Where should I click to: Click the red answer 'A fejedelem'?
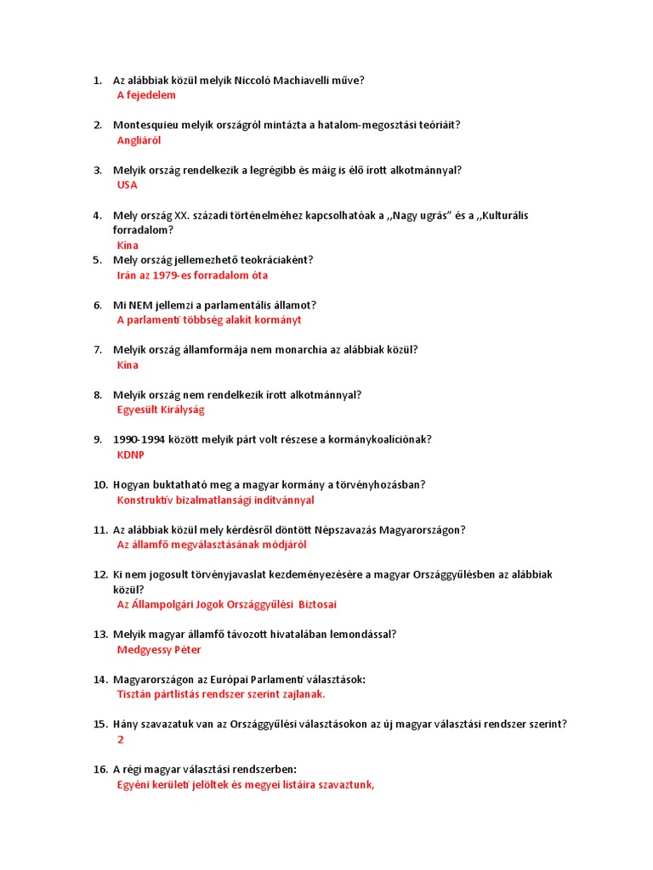(x=146, y=95)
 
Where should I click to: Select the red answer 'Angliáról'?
(x=139, y=140)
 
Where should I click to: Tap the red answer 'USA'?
(x=127, y=184)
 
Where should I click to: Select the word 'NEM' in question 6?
(x=144, y=305)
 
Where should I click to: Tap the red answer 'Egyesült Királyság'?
(x=161, y=410)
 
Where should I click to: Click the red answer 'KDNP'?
(x=130, y=455)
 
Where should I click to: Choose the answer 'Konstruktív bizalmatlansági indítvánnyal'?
(x=215, y=500)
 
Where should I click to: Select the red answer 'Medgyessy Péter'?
(x=159, y=650)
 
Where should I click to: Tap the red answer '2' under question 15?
(x=121, y=740)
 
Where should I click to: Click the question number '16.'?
(x=99, y=769)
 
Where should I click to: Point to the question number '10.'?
(x=99, y=485)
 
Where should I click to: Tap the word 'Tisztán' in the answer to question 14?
(x=135, y=694)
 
